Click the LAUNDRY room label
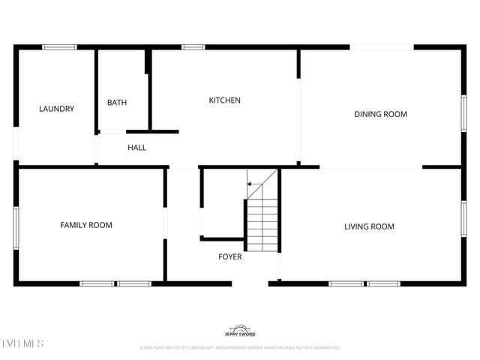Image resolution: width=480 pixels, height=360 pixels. point(56,109)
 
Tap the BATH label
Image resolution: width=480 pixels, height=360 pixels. point(116,103)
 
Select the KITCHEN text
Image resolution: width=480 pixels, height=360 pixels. point(224,100)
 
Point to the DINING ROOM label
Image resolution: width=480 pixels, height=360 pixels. point(380,114)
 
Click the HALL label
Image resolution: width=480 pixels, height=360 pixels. point(136,148)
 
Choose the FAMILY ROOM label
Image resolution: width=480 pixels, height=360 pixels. point(86,225)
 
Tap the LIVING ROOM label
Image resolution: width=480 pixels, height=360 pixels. point(369,226)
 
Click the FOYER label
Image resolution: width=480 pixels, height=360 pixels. point(229,257)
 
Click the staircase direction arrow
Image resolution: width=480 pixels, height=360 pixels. point(255,184)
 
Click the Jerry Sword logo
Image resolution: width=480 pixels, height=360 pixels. point(240,331)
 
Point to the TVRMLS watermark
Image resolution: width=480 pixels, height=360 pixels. point(22,343)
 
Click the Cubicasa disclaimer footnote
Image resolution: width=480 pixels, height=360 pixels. point(240,348)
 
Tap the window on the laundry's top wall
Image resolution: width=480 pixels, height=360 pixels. point(59,47)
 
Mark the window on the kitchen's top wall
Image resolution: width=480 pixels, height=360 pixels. point(193,47)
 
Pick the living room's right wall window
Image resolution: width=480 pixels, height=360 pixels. point(463,219)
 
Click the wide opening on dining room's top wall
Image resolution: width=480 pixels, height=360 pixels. point(382,47)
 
